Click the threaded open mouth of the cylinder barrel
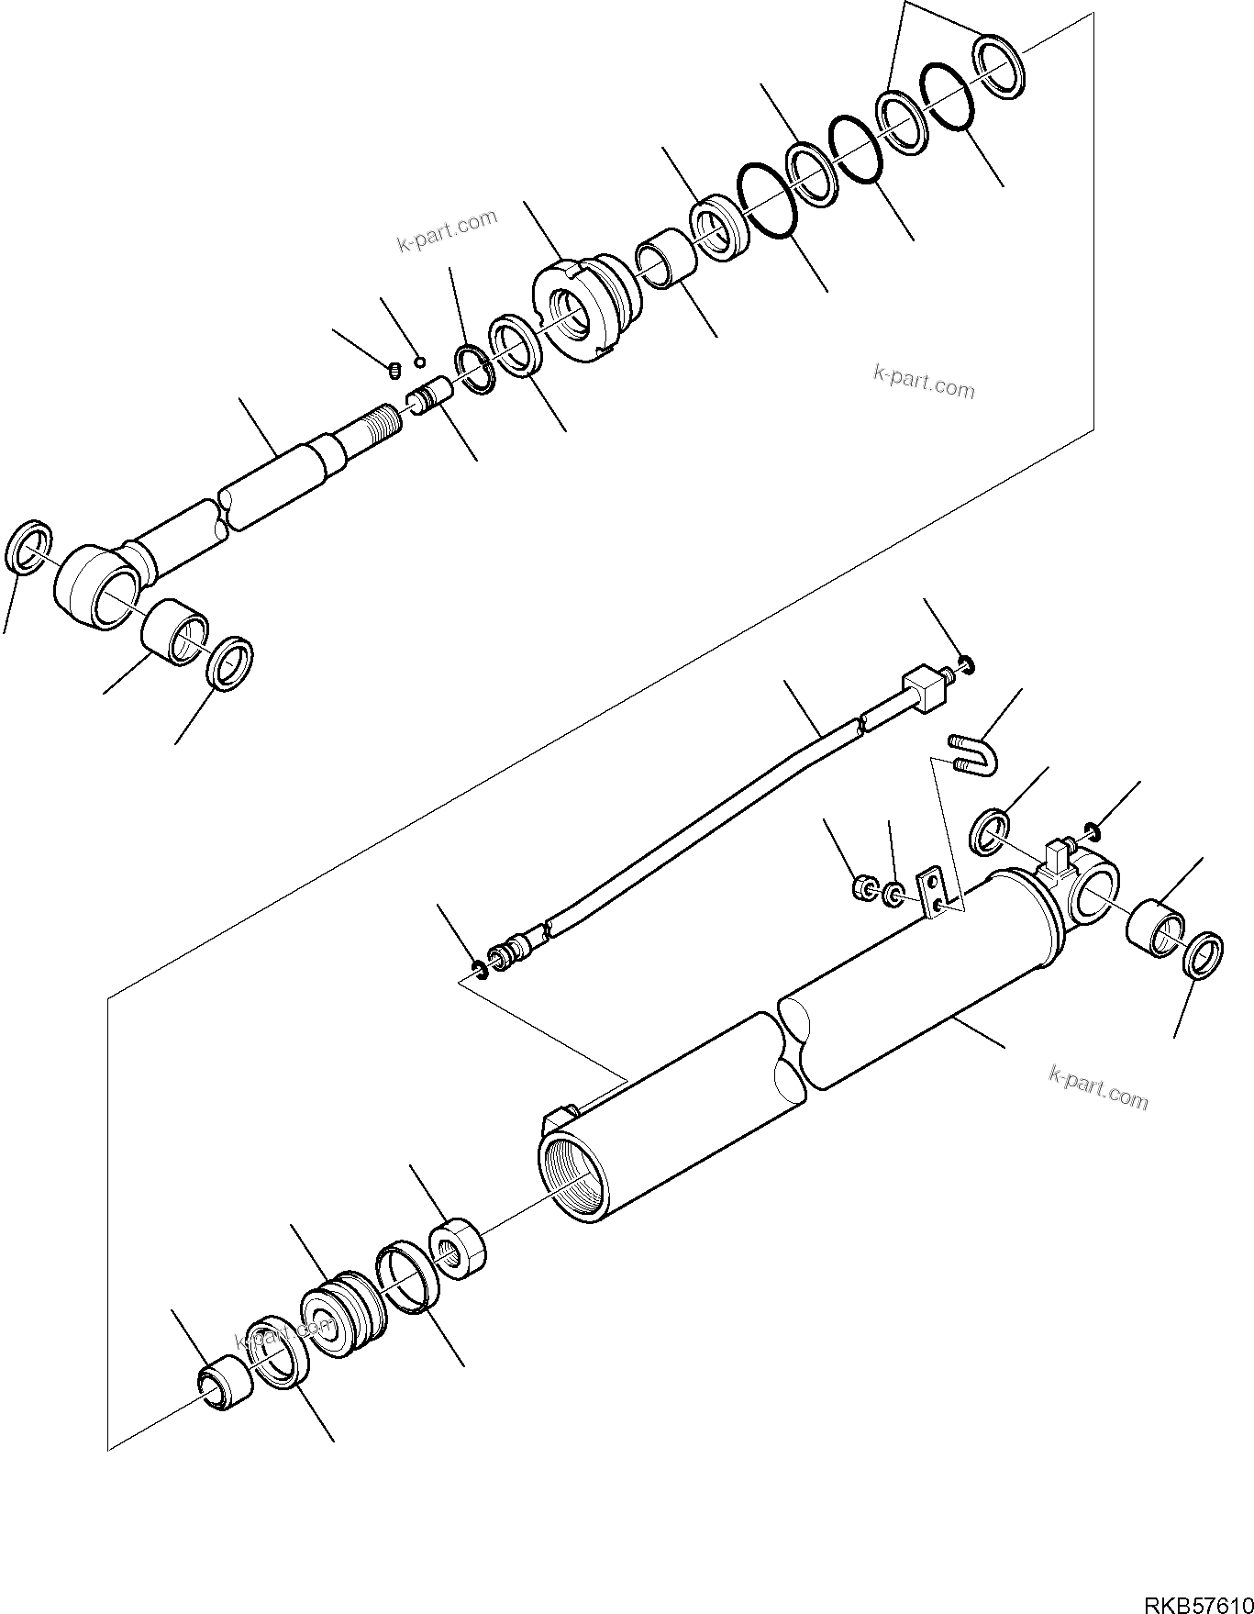tap(573, 1175)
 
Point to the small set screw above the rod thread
tap(394, 370)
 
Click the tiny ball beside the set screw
tap(420, 360)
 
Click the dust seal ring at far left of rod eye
tap(27, 548)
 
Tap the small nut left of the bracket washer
tap(863, 887)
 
